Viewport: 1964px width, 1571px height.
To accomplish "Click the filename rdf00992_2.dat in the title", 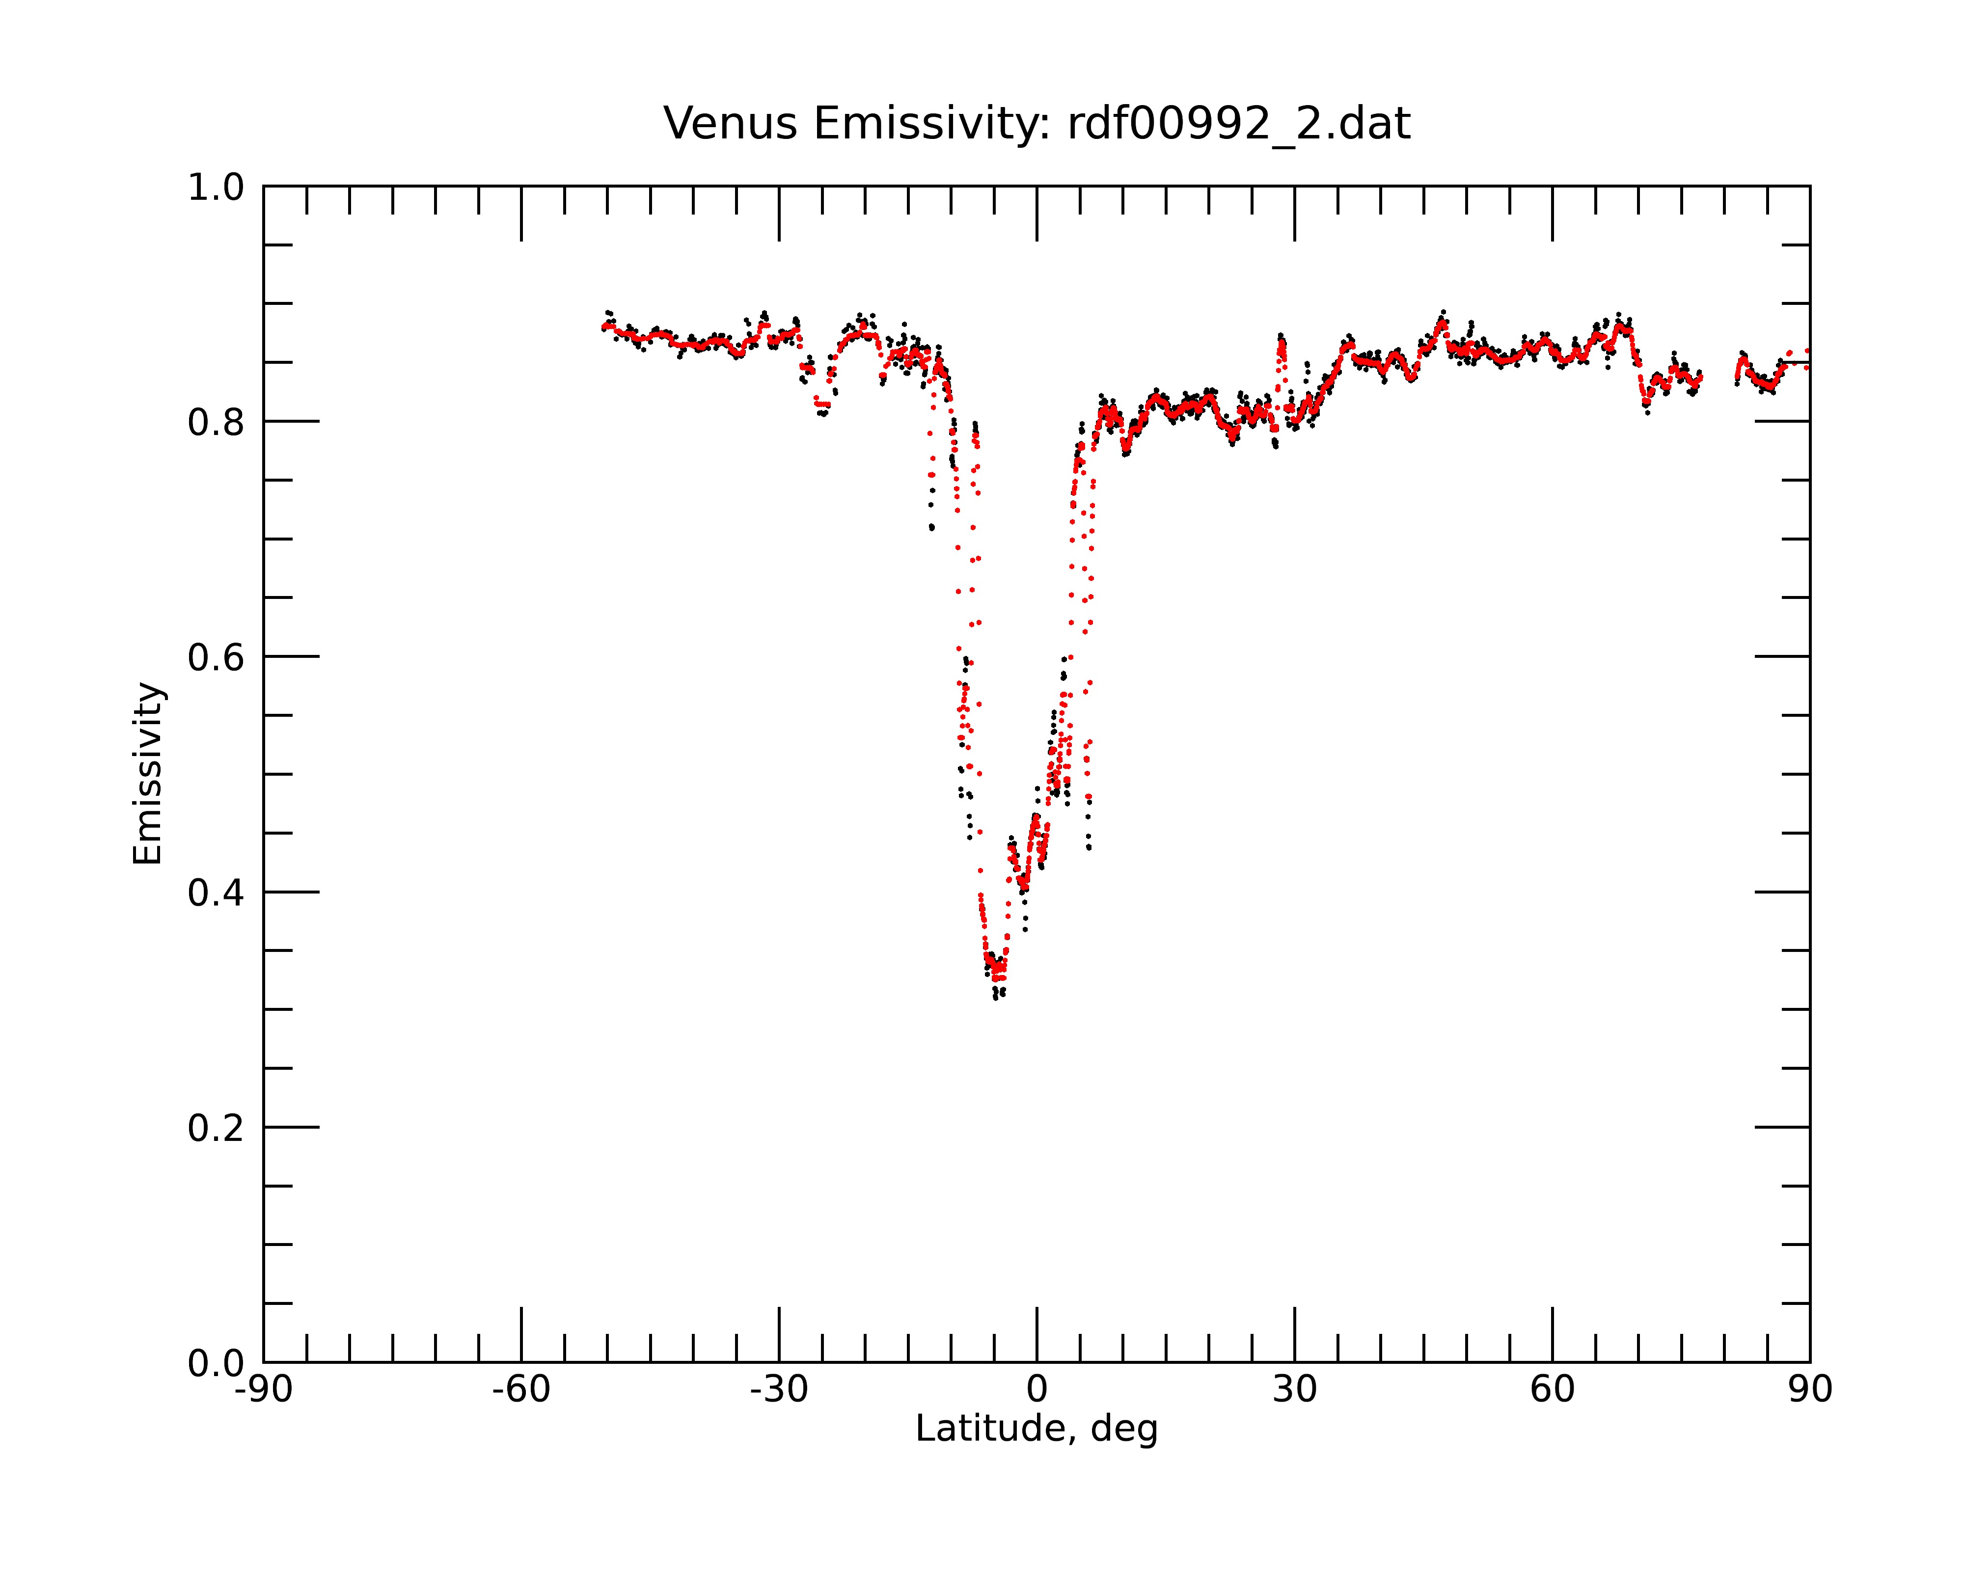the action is point(1239,124).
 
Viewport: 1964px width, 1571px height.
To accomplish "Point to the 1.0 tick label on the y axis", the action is point(216,188).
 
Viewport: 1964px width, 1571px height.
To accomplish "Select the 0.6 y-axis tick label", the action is point(216,657).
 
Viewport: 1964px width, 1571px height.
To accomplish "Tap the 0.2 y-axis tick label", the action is point(216,1128).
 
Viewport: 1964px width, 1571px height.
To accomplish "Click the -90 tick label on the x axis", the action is point(263,1390).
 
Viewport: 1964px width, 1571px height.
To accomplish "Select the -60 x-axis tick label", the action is point(521,1390).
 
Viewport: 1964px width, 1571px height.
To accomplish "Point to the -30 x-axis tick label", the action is point(779,1390).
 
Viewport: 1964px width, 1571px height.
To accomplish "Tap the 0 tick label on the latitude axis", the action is point(1037,1390).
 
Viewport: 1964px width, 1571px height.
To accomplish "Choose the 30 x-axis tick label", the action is point(1294,1390).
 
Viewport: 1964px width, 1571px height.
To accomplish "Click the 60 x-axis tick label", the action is point(1552,1390).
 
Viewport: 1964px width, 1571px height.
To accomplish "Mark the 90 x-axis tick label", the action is point(1810,1390).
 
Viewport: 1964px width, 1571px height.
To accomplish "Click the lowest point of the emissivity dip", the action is point(996,998).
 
